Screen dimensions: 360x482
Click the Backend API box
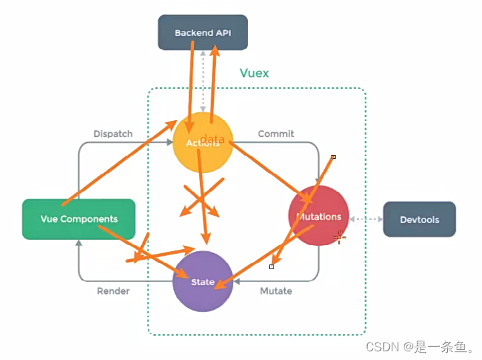pyautogui.click(x=203, y=32)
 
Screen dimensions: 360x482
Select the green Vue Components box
pyautogui.click(x=79, y=218)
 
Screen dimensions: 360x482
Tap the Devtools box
pyautogui.click(x=419, y=218)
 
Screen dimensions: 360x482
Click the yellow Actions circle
pyautogui.click(x=203, y=143)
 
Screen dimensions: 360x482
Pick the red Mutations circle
pyautogui.click(x=318, y=216)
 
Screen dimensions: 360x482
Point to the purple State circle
pyautogui.click(x=203, y=281)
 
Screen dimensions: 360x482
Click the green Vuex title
pyautogui.click(x=254, y=73)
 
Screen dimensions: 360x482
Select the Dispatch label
pyautogui.click(x=113, y=134)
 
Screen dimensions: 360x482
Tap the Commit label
pyautogui.click(x=275, y=134)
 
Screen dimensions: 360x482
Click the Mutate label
pyautogui.click(x=275, y=291)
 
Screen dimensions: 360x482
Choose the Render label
pyautogui.click(x=113, y=291)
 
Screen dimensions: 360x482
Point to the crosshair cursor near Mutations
pyautogui.click(x=340, y=236)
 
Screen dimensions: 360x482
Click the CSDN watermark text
pyautogui.click(x=420, y=347)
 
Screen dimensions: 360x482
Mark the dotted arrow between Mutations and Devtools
pyautogui.click(x=365, y=218)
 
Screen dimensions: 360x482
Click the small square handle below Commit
pyautogui.click(x=333, y=157)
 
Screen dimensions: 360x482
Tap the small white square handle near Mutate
pyautogui.click(x=271, y=266)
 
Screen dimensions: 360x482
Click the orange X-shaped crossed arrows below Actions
pyautogui.click(x=201, y=198)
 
